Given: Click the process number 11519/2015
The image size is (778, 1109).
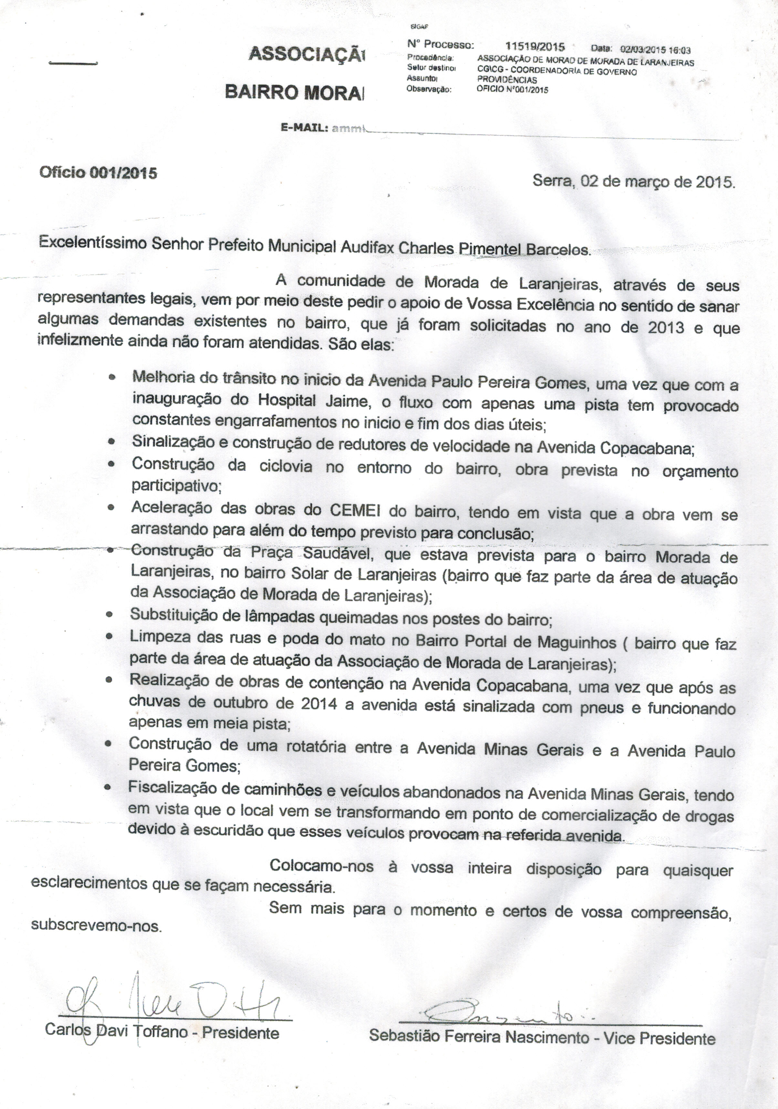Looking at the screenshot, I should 534,47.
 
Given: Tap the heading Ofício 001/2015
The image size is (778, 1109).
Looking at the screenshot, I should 98,173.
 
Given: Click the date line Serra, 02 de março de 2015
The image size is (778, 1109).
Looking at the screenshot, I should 634,181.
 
